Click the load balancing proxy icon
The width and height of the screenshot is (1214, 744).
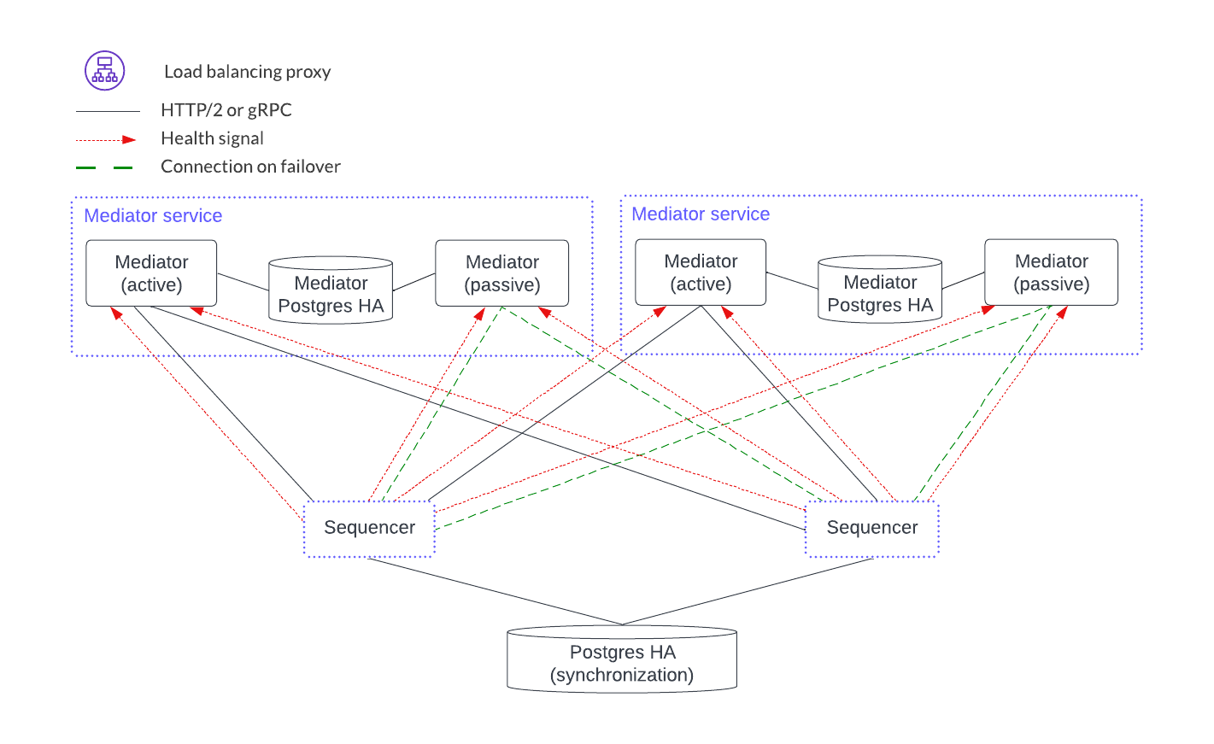[104, 71]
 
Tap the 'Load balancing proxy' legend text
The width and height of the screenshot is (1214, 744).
[247, 72]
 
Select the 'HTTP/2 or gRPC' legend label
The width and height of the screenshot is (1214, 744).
[226, 110]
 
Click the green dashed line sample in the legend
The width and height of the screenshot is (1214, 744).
[104, 167]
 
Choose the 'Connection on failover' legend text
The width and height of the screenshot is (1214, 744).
[250, 167]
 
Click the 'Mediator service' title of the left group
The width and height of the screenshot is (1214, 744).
[153, 216]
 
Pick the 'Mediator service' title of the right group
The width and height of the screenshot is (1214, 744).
[701, 214]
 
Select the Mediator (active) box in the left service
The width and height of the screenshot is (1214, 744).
[151, 273]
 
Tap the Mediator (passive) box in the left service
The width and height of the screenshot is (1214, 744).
[502, 273]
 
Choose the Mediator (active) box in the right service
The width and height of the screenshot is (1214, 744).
[701, 272]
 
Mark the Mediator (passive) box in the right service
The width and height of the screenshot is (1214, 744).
[1051, 272]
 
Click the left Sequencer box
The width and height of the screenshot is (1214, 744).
[369, 529]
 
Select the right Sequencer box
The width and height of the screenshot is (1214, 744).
[872, 529]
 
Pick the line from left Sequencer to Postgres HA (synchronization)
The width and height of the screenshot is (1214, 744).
[496, 591]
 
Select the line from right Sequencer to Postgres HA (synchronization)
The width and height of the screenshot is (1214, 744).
[748, 591]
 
